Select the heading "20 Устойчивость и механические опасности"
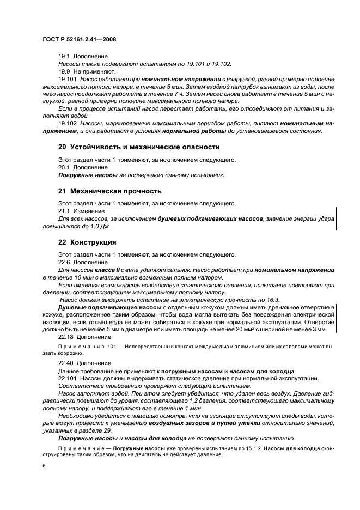coord(139,147)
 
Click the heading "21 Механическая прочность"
coord(110,191)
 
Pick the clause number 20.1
coord(65,167)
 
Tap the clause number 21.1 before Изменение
coord(65,211)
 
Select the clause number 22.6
coord(65,262)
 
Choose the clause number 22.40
coord(66,361)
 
